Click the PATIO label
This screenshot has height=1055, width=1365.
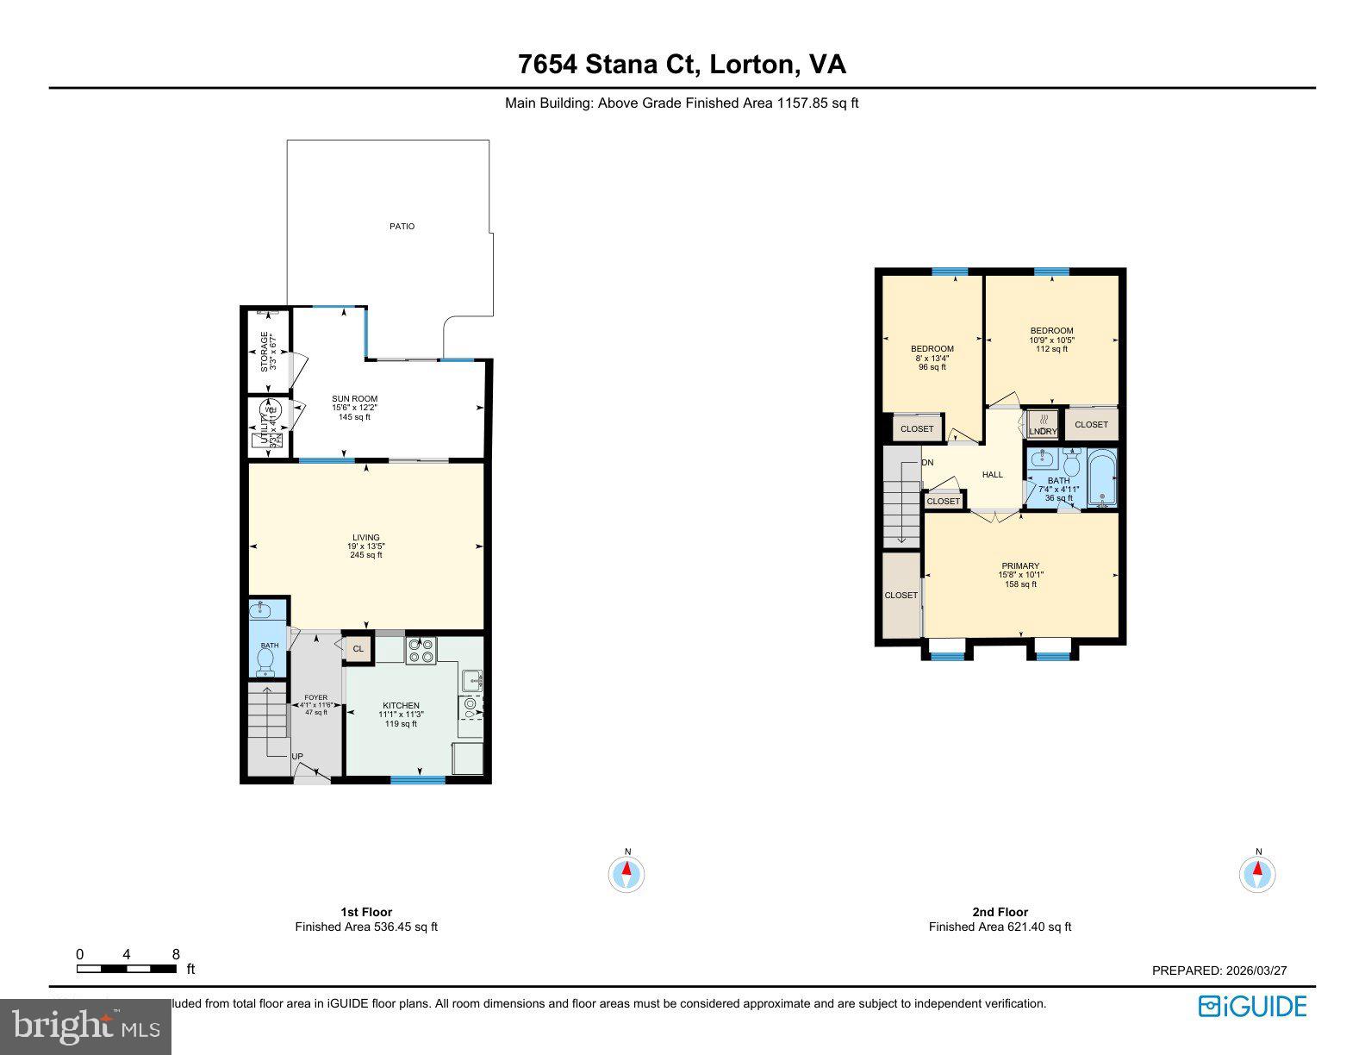point(402,227)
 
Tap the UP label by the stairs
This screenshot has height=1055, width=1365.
point(297,757)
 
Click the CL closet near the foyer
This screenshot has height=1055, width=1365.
point(358,649)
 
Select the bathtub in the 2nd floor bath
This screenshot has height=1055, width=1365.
point(1101,479)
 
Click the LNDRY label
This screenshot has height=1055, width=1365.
point(1043,431)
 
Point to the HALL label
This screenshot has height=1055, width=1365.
point(993,475)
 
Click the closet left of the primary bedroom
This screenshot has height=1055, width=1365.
point(901,595)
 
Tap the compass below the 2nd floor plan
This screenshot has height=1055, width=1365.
point(1257,875)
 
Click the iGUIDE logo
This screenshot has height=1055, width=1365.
point(1252,1007)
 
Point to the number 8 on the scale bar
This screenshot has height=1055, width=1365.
point(176,954)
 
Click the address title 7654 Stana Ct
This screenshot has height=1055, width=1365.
point(682,65)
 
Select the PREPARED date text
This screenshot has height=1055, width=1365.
point(1219,971)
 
